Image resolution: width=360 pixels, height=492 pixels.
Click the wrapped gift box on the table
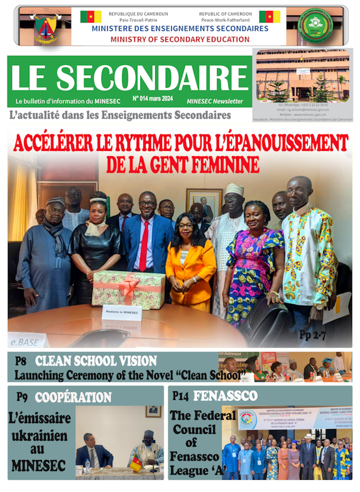pyautogui.click(x=129, y=288)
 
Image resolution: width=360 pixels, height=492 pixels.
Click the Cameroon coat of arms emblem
pyautogui.click(x=46, y=27)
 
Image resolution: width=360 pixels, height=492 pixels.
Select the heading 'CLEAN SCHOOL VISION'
pyautogui.click(x=96, y=360)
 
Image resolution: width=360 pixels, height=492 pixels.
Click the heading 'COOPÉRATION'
pyautogui.click(x=73, y=397)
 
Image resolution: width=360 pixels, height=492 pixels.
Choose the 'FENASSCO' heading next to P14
pyautogui.click(x=225, y=396)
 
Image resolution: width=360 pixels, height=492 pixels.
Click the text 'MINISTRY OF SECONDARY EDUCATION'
pyautogui.click(x=180, y=39)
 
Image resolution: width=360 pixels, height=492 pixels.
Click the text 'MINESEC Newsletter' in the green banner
pyautogui.click(x=214, y=101)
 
